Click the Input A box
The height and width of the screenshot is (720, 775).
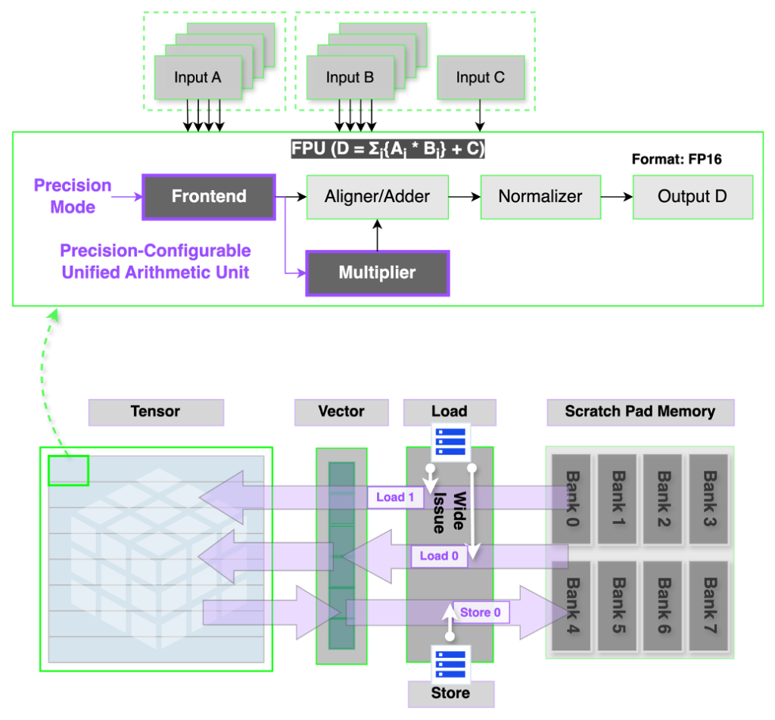(x=198, y=78)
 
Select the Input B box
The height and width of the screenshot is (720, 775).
(x=350, y=78)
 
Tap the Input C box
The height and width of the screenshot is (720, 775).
(x=480, y=78)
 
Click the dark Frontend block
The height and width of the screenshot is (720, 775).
(x=209, y=197)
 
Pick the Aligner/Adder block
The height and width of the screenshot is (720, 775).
(x=377, y=197)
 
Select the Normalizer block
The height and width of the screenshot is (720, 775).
(x=540, y=197)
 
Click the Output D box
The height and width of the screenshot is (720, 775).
(x=692, y=197)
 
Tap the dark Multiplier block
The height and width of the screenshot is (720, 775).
(x=377, y=273)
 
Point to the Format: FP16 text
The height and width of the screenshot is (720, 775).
(x=677, y=160)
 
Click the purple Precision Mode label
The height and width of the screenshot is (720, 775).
(x=73, y=196)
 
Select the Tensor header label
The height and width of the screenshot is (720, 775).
(x=156, y=412)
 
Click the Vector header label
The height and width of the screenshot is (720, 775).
(x=341, y=412)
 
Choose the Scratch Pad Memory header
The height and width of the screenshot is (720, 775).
(x=640, y=412)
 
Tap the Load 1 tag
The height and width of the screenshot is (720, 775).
(x=395, y=497)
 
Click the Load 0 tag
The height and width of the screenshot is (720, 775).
(x=439, y=556)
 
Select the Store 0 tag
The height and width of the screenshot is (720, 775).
(x=481, y=612)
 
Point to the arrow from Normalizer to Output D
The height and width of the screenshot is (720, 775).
(x=617, y=197)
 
